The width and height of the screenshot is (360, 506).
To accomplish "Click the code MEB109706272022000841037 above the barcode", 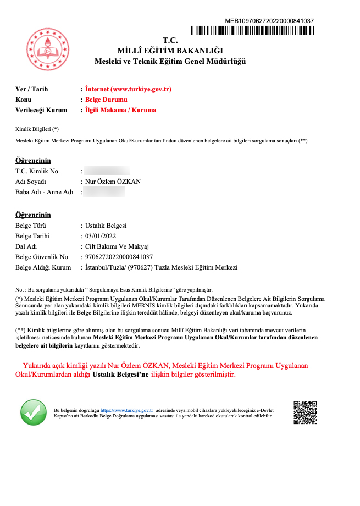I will pos(269,21).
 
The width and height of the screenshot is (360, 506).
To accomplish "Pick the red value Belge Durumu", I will pos(106,100).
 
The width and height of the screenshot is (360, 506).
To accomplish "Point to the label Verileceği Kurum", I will pos(41,110).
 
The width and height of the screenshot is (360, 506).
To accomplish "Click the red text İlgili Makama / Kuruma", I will pos(120,110).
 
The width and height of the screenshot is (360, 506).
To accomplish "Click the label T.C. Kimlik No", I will pos(36,171).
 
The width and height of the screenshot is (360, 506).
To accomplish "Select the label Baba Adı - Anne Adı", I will pos(44,192).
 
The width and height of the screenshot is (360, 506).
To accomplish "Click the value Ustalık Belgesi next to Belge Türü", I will pos(106,226).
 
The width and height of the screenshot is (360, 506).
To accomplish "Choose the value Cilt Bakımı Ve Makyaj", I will pos(117,246).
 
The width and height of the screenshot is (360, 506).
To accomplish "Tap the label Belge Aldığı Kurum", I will pos(43,267).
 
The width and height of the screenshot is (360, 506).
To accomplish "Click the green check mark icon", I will pos(34,413).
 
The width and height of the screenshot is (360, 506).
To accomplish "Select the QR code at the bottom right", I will pos(305,413).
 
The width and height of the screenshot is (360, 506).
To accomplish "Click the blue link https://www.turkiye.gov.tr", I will pos(126,410).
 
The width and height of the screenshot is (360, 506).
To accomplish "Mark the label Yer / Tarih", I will pos(32,89).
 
